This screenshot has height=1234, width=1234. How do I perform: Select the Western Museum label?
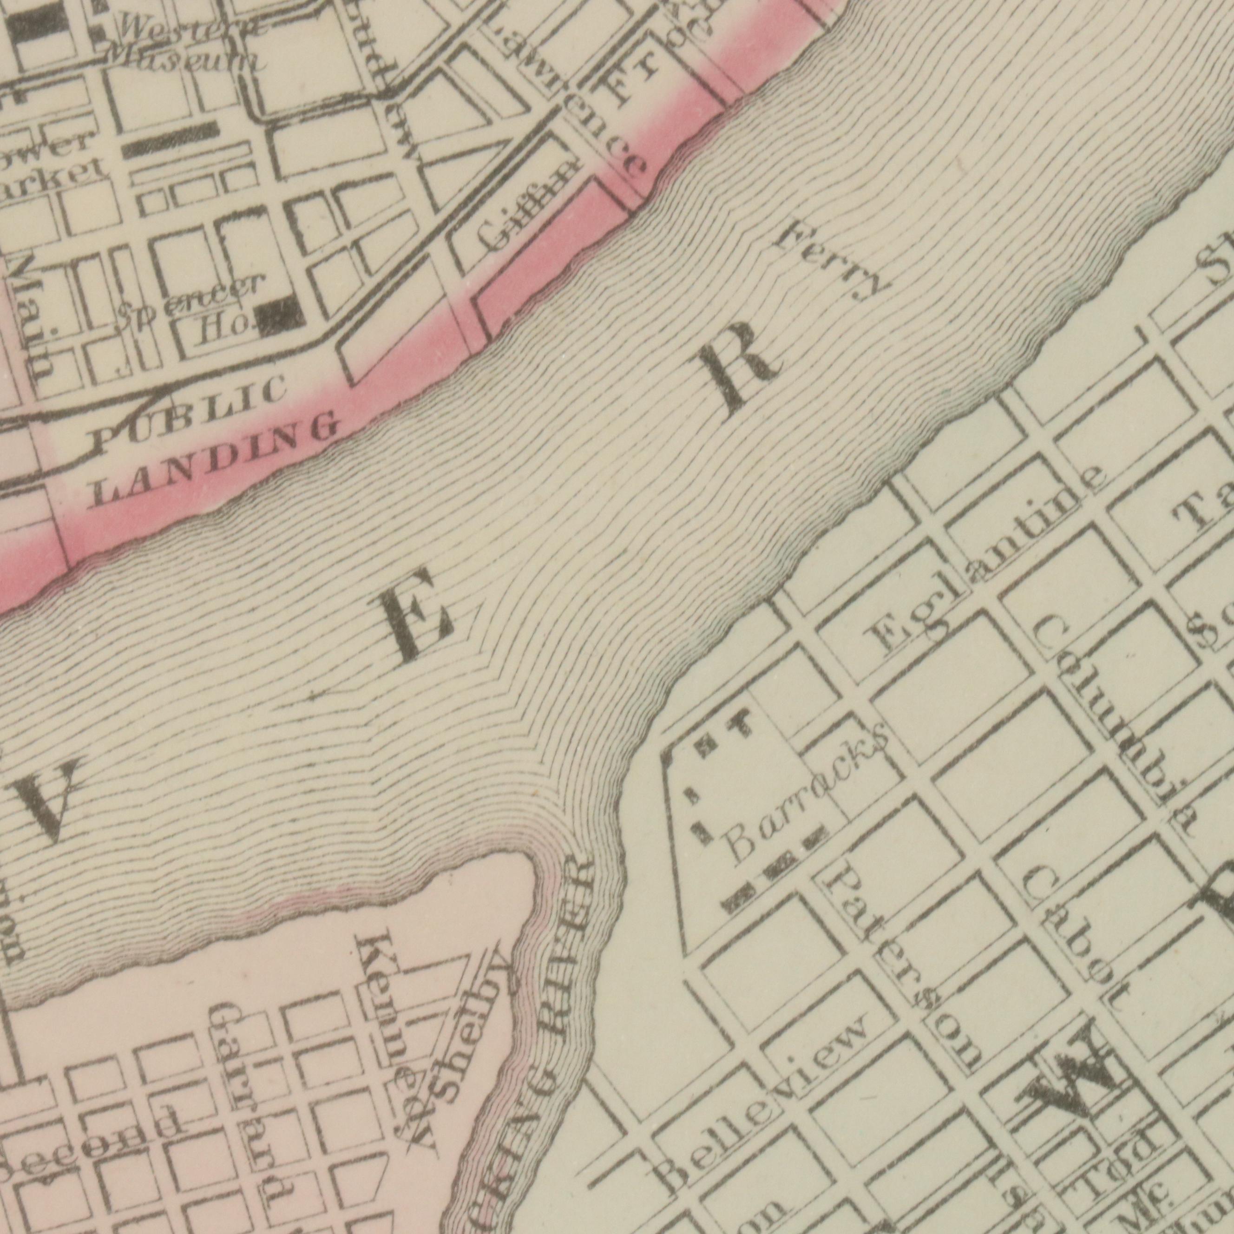(185, 45)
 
